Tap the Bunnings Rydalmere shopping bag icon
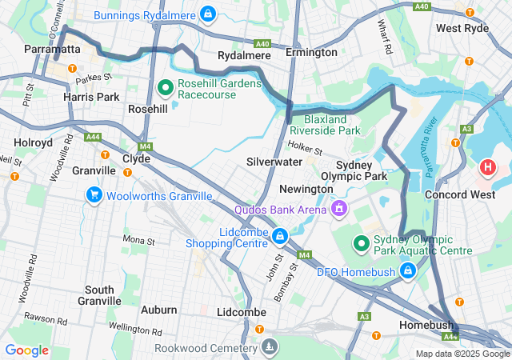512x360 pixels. (x=207, y=14)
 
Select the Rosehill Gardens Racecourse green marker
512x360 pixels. (x=166, y=86)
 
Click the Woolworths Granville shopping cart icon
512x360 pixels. (x=94, y=195)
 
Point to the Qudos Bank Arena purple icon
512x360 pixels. (x=339, y=210)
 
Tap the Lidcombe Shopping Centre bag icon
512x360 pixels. (x=279, y=236)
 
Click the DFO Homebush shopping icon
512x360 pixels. (x=408, y=271)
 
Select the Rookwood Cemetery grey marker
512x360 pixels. (x=270, y=346)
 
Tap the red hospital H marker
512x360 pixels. (x=487, y=168)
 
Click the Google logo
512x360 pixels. (x=26, y=350)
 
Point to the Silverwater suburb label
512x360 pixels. (x=274, y=162)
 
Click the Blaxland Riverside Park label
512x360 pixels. (x=325, y=124)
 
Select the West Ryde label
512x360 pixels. (x=462, y=28)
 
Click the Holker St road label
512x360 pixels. (x=305, y=149)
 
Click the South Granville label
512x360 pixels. (x=100, y=295)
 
